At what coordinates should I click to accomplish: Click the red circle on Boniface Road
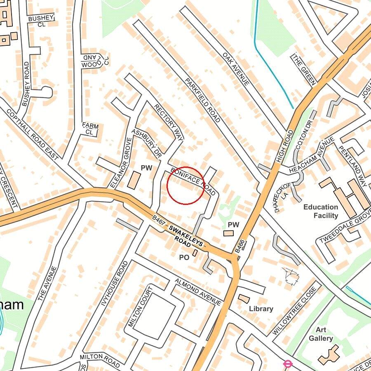tap(185, 185)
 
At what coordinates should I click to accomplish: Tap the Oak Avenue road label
tap(236, 69)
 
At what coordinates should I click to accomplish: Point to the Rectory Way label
tap(168, 122)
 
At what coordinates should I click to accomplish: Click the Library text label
tap(261, 309)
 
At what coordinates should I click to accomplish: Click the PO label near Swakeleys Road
tap(184, 257)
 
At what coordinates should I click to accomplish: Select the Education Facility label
tap(320, 211)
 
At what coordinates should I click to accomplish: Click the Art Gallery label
tap(324, 334)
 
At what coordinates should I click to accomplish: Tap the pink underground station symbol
tap(288, 364)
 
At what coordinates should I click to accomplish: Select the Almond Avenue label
tap(198, 292)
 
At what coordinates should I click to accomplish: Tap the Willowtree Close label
tap(294, 311)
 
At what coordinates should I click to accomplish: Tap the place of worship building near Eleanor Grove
tap(134, 181)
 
